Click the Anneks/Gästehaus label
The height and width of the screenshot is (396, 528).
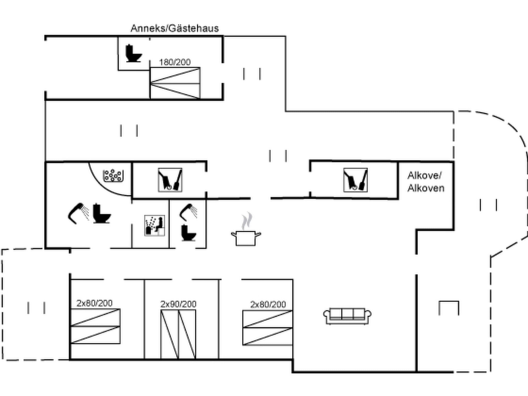(175, 28)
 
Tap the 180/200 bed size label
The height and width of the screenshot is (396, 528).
(175, 62)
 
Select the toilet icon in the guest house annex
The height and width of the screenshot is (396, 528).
(133, 53)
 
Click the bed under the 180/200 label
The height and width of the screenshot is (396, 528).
(175, 83)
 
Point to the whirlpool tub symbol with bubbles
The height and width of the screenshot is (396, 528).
(113, 176)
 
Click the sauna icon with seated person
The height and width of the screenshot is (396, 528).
(154, 225)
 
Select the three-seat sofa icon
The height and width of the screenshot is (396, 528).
(347, 316)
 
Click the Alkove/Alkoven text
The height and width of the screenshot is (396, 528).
(426, 182)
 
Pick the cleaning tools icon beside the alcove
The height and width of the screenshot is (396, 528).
(355, 180)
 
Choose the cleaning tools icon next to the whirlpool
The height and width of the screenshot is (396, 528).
(170, 180)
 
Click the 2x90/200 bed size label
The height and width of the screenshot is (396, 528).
(178, 304)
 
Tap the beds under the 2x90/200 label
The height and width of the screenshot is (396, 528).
(178, 334)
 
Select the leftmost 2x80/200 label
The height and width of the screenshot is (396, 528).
(94, 303)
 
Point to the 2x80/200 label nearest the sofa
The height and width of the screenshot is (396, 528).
(268, 304)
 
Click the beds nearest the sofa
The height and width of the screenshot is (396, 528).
(268, 328)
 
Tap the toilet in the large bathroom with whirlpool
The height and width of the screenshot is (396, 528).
(101, 213)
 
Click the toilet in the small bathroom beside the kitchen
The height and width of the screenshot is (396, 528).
(188, 233)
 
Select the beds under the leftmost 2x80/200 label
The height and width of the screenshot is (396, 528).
(95, 326)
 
